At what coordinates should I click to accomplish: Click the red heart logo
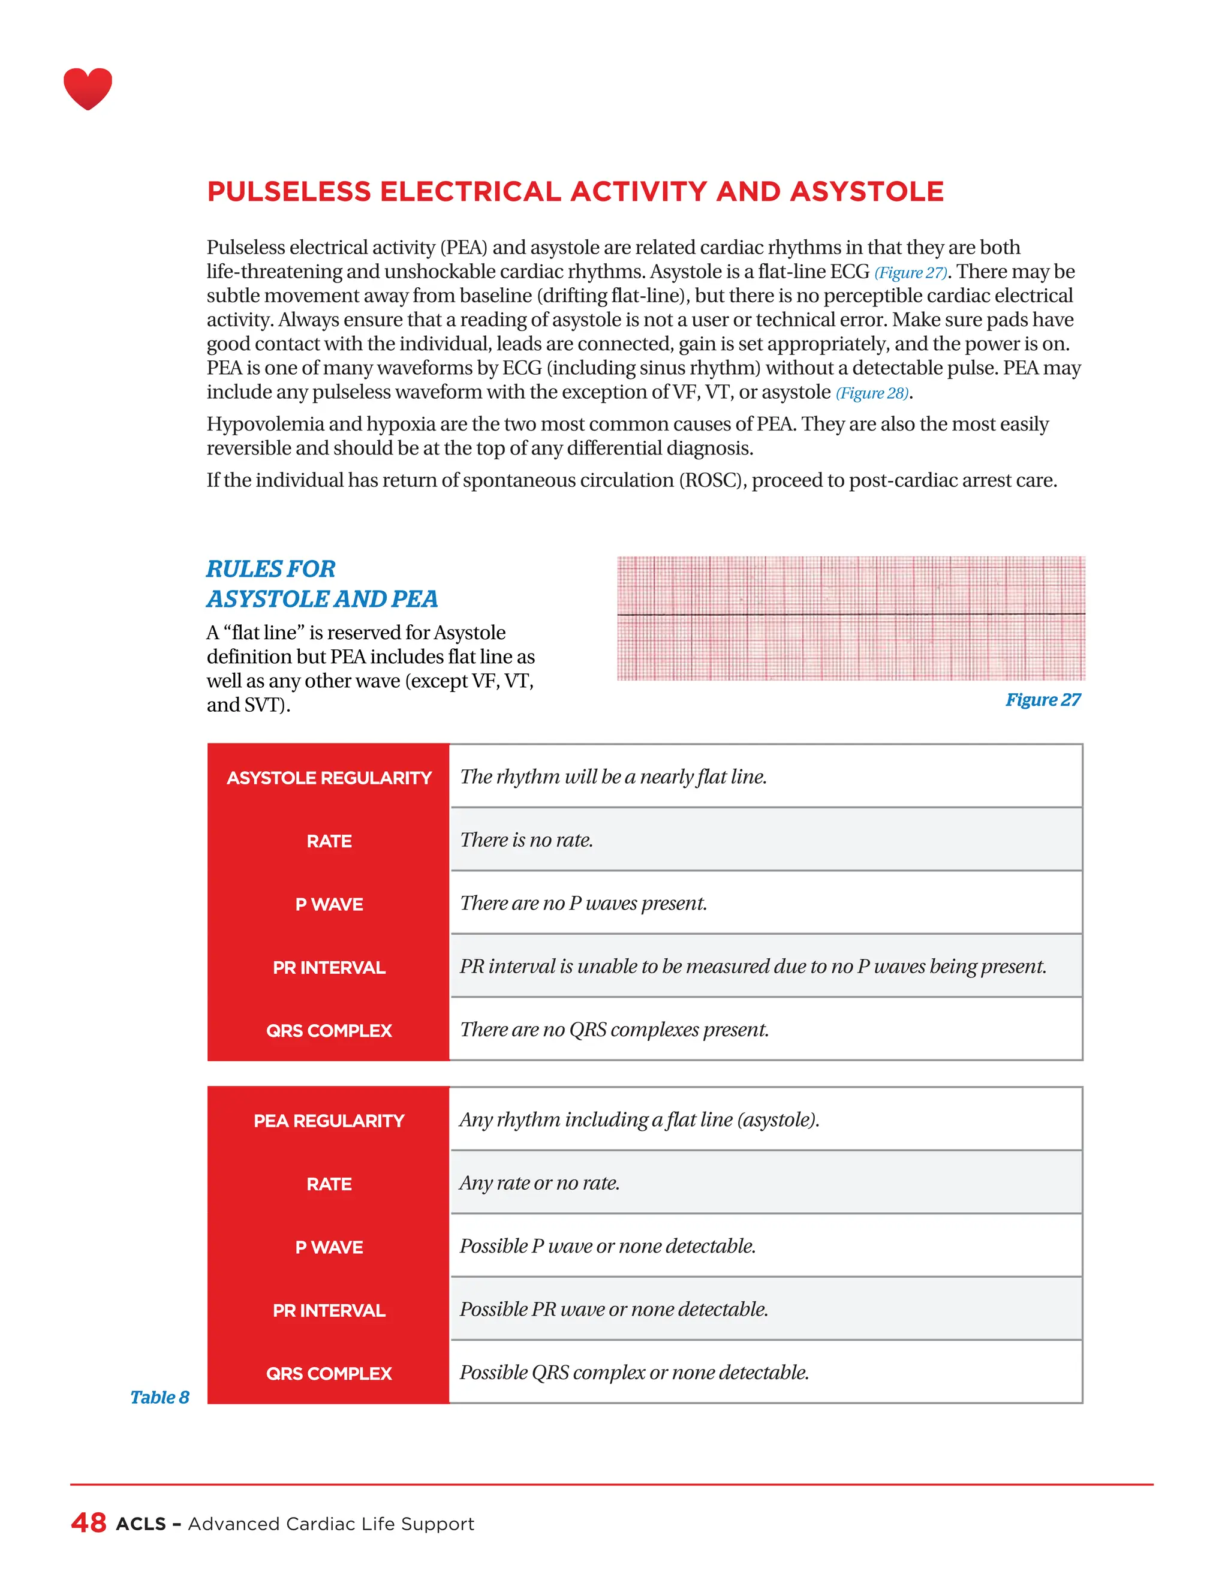coord(88,89)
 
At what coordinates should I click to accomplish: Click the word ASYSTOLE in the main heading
coord(866,191)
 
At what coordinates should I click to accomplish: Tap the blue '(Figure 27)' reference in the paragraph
coord(911,273)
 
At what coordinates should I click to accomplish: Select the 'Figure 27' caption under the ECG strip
coord(1043,699)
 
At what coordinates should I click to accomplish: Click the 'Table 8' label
coord(159,1397)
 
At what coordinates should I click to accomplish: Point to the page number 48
coord(89,1523)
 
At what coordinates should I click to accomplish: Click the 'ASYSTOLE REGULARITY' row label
coord(329,778)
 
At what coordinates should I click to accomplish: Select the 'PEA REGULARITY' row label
coord(329,1121)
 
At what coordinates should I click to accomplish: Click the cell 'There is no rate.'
coord(526,839)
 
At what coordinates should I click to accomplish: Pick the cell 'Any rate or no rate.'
coord(539,1182)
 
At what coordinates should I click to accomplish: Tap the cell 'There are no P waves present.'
coord(583,903)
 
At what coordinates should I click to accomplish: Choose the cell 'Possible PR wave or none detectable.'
coord(613,1309)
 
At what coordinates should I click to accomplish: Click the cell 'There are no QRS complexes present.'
coord(614,1030)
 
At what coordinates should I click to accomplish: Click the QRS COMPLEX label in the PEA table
coord(329,1374)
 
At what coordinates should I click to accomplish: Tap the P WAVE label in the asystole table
coord(329,904)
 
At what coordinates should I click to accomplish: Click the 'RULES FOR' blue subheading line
coord(270,568)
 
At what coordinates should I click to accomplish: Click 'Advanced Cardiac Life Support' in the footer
coord(330,1524)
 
